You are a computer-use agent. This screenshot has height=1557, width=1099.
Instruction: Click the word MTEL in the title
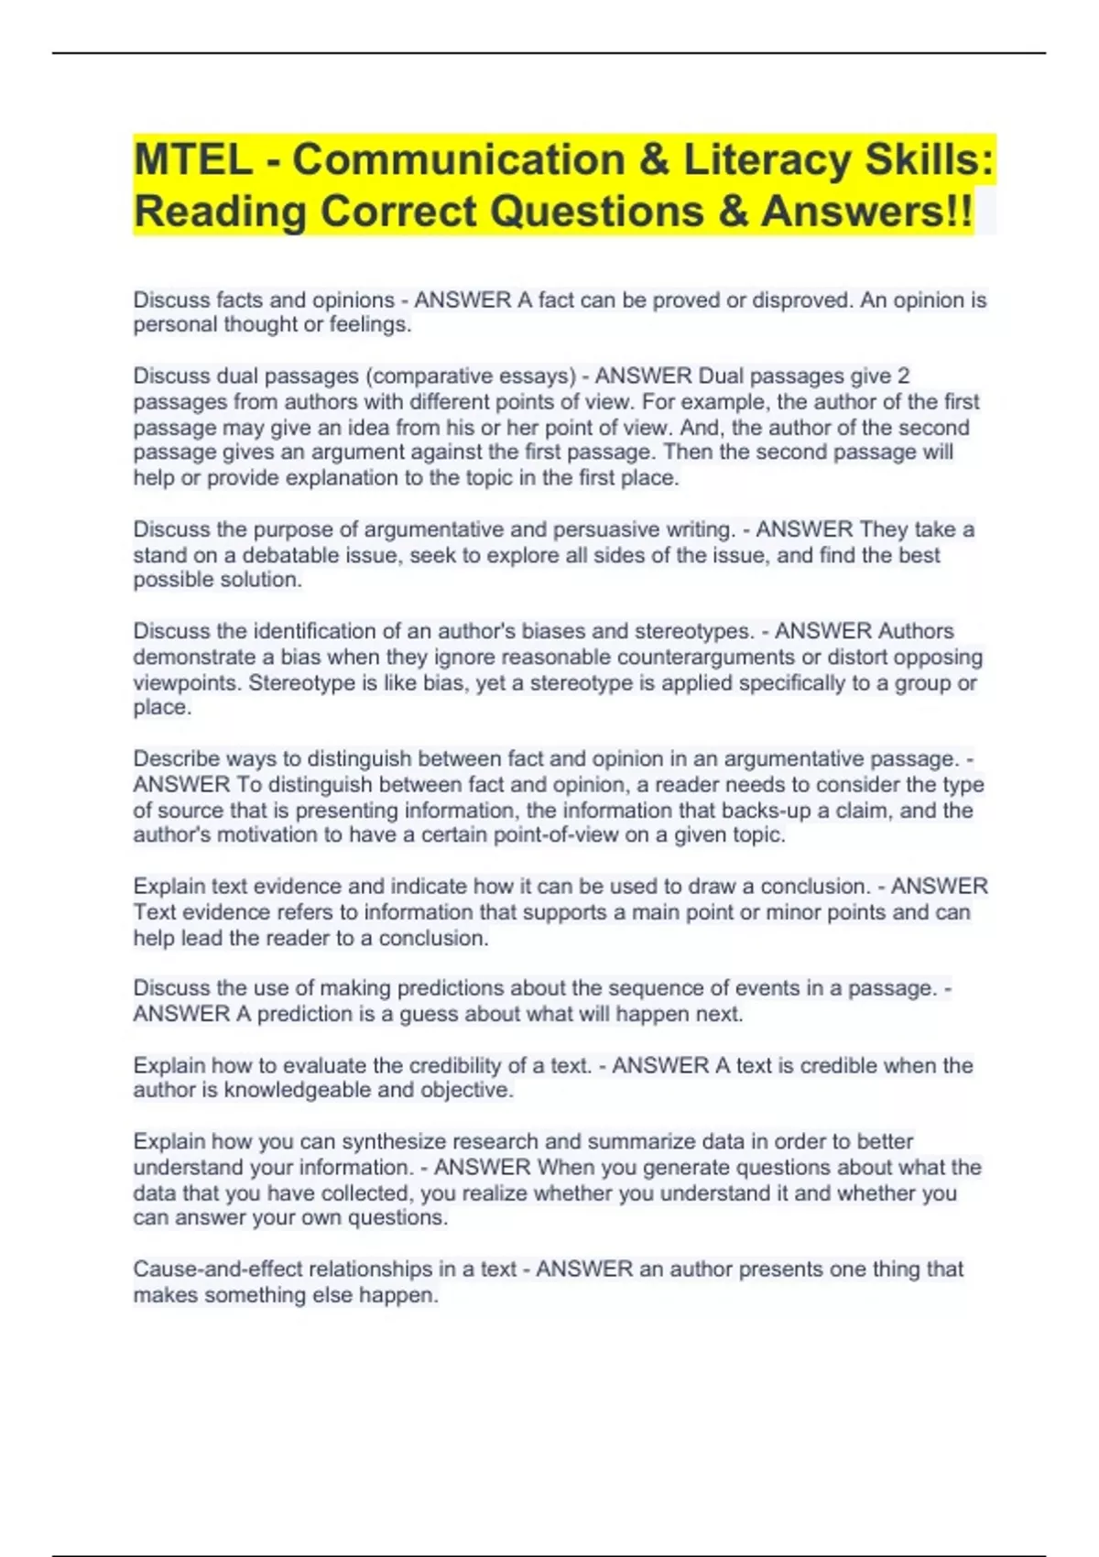click(193, 160)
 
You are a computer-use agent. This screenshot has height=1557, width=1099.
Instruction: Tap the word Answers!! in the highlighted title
click(866, 212)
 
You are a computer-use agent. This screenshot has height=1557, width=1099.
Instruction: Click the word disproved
click(800, 300)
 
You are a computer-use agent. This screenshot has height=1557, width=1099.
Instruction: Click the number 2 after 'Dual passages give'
click(903, 376)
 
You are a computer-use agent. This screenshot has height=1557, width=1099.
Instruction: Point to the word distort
click(840, 657)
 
